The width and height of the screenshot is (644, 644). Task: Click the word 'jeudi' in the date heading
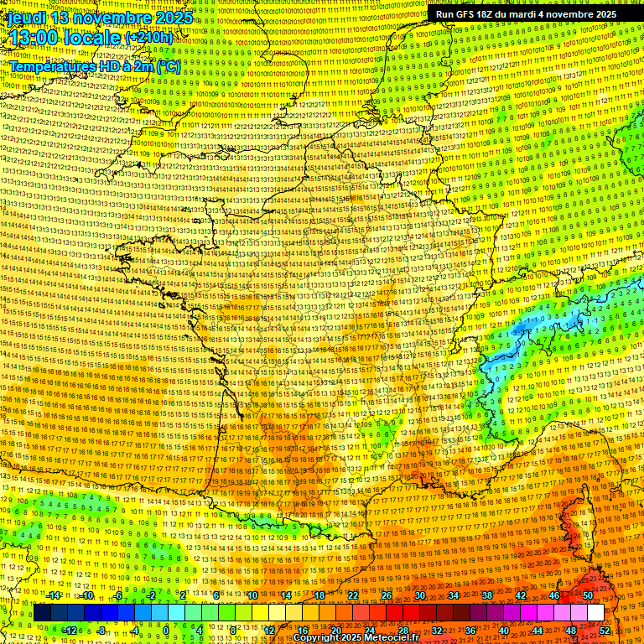23,18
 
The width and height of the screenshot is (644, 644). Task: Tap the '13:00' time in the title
33,38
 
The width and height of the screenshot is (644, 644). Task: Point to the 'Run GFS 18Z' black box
526,14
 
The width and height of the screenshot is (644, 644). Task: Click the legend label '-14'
54,595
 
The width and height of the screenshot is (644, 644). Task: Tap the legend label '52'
605,630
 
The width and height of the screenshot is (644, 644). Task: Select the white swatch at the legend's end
595,613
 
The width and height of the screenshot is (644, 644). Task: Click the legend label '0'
166,630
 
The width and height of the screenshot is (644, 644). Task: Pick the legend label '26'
387,595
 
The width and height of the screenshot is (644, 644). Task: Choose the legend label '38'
487,595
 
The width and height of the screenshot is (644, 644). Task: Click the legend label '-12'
70,630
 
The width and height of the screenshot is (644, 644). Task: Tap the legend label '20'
336,630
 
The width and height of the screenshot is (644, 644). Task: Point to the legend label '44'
538,630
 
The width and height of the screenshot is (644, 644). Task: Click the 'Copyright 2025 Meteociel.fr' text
361,638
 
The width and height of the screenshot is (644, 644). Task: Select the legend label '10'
252,595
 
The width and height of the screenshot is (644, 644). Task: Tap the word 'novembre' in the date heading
112,18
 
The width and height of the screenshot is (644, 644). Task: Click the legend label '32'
437,630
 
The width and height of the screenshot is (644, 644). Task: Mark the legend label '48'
571,630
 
